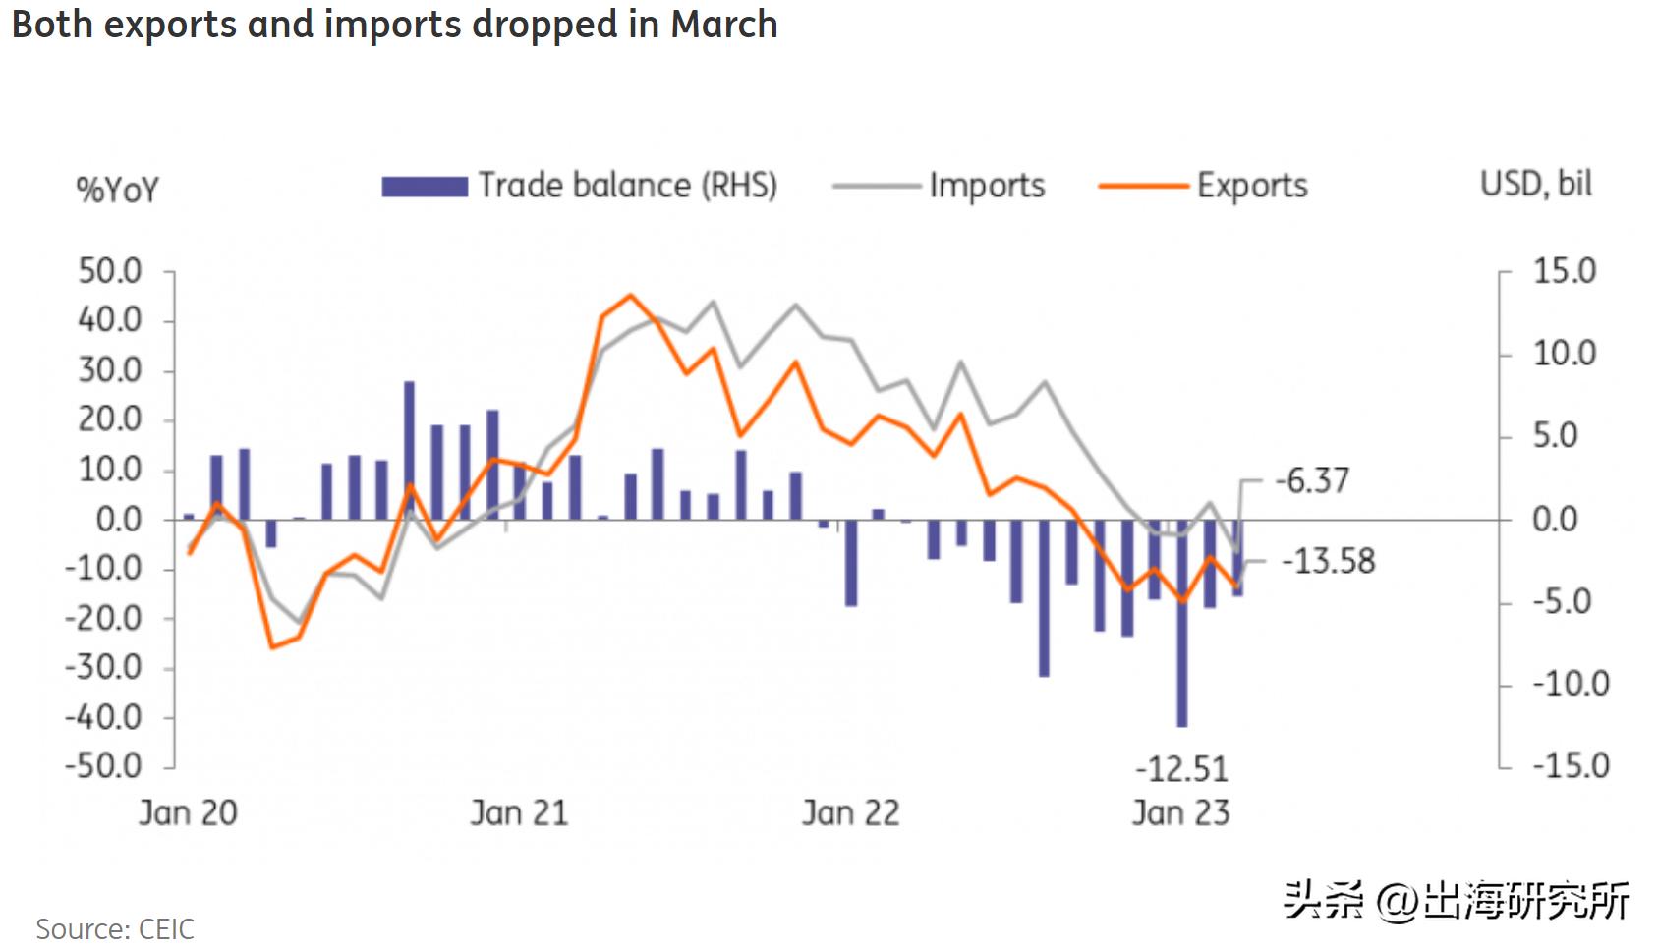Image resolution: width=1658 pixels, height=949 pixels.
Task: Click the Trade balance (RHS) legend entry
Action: point(580,186)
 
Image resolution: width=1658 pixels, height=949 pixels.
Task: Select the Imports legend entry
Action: point(939,186)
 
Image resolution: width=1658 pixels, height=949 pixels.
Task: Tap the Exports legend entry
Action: point(1204,186)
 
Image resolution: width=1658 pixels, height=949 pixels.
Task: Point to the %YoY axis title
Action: point(117,189)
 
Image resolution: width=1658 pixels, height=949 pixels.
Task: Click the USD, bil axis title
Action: point(1536,184)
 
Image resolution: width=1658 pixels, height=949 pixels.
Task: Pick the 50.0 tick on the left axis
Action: point(110,271)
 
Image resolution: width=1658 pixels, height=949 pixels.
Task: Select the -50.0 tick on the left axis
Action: point(103,765)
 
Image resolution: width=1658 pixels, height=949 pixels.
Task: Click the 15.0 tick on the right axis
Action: point(1565,271)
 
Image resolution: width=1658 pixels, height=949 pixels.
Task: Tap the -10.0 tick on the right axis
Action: point(1571,683)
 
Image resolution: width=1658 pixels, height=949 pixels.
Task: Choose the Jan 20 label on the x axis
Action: point(188,813)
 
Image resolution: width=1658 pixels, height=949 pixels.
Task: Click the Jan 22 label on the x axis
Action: point(850,813)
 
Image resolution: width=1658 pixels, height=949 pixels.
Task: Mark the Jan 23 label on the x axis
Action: point(1180,813)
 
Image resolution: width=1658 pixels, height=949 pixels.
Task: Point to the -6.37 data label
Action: point(1312,480)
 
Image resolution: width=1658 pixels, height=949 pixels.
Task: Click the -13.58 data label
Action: point(1329,561)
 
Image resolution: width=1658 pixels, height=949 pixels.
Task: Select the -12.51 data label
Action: point(1181,768)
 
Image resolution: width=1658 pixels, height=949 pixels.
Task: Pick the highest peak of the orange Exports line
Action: point(630,295)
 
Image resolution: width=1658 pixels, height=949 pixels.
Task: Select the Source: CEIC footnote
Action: point(115,928)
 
